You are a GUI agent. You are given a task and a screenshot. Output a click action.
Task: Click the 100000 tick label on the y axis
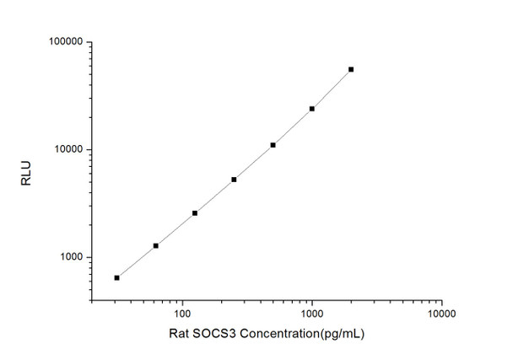[x=62, y=42]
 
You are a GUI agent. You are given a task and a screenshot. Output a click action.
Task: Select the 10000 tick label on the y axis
[x=65, y=150]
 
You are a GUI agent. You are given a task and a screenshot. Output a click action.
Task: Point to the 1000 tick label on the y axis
[x=67, y=258]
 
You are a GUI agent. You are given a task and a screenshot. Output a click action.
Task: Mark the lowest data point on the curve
[x=116, y=277]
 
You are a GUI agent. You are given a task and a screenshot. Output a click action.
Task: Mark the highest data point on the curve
[x=351, y=69]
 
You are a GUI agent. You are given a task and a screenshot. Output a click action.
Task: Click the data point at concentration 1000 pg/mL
[x=312, y=109]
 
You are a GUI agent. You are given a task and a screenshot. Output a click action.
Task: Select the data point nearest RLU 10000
[x=273, y=145]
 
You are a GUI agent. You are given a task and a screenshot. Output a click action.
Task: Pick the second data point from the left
[x=155, y=245]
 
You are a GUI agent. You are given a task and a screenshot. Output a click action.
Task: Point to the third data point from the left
[x=195, y=213]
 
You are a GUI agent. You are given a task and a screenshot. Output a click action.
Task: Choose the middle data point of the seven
[x=234, y=180]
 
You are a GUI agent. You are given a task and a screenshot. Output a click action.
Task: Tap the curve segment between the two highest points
[x=332, y=89]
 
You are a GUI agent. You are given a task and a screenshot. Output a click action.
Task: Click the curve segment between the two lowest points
[x=136, y=261]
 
